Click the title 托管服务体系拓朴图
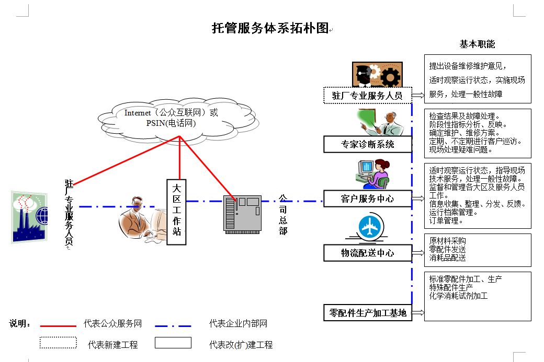pyautogui.click(x=270, y=28)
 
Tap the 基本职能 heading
pyautogui.click(x=477, y=44)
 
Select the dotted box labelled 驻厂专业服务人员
pyautogui.click(x=367, y=96)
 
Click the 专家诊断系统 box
pyautogui.click(x=367, y=144)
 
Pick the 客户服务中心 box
pyautogui.click(x=367, y=199)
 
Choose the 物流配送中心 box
pyautogui.click(x=367, y=253)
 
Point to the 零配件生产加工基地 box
pyautogui.click(x=367, y=313)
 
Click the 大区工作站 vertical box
pyautogui.click(x=177, y=212)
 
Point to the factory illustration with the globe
pyautogui.click(x=29, y=217)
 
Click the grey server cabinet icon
pyautogui.click(x=242, y=213)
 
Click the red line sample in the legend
pyautogui.click(x=58, y=325)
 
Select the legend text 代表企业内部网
pyautogui.click(x=238, y=324)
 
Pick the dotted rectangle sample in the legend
pyautogui.click(x=58, y=343)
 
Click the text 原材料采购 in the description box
pyautogui.click(x=447, y=241)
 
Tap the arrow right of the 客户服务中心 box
pyautogui.click(x=417, y=198)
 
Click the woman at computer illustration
pyautogui.click(x=372, y=174)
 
